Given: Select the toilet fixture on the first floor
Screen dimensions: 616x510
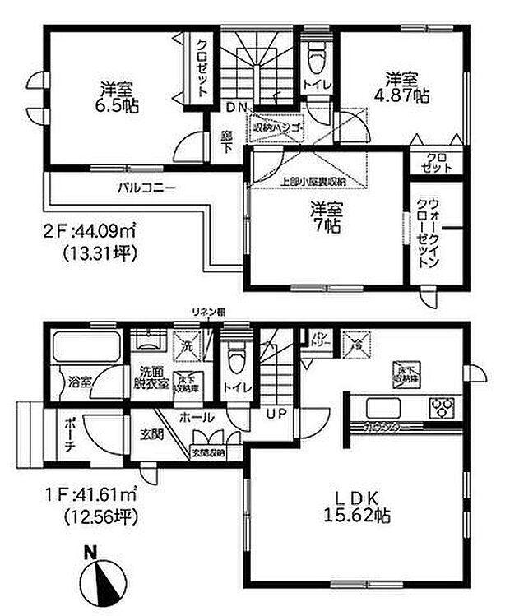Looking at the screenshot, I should click(x=235, y=358).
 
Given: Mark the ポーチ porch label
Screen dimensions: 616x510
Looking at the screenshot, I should click(x=69, y=439).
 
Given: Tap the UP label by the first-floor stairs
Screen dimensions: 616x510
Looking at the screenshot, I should click(x=274, y=414).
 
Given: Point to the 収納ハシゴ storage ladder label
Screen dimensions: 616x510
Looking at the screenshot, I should click(x=277, y=128).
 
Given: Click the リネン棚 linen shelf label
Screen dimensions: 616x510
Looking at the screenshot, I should click(x=208, y=312).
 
